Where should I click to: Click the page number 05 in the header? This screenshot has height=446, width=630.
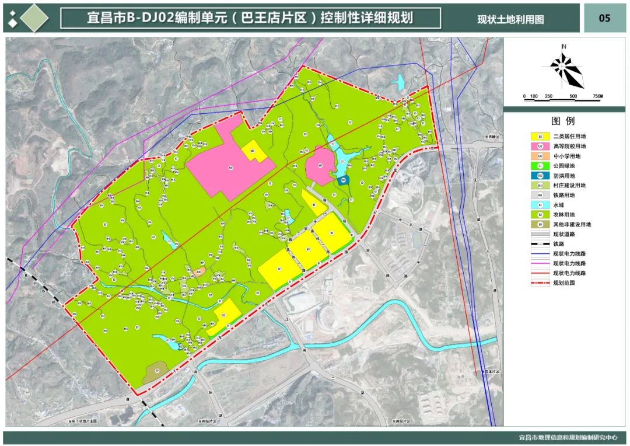604,18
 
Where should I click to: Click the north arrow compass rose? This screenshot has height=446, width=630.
565,67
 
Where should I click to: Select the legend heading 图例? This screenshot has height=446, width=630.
563,121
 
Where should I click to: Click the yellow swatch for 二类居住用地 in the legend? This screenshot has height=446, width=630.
540,136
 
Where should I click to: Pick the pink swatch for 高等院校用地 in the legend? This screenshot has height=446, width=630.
540,146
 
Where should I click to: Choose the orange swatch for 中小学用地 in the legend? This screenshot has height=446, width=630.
540,156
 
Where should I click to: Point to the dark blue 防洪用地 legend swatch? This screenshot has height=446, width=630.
540,175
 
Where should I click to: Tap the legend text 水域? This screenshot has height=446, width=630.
559,205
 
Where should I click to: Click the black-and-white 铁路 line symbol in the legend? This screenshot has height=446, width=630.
540,244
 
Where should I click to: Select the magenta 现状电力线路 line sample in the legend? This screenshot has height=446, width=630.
540,263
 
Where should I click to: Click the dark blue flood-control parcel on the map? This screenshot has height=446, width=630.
344,181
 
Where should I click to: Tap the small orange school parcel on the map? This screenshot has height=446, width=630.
198,271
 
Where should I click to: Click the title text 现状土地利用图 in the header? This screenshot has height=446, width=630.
510,19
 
